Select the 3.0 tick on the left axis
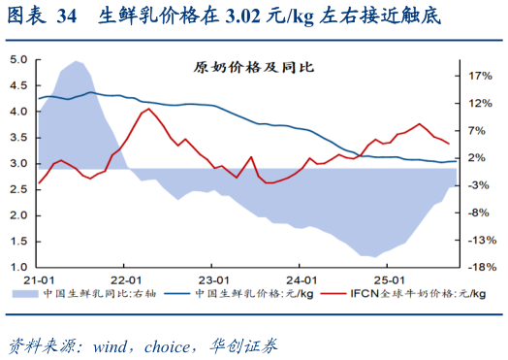(17, 163)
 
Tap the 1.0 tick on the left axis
(17, 267)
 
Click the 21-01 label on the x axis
(39, 279)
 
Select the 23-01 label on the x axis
(212, 279)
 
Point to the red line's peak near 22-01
(147, 109)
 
